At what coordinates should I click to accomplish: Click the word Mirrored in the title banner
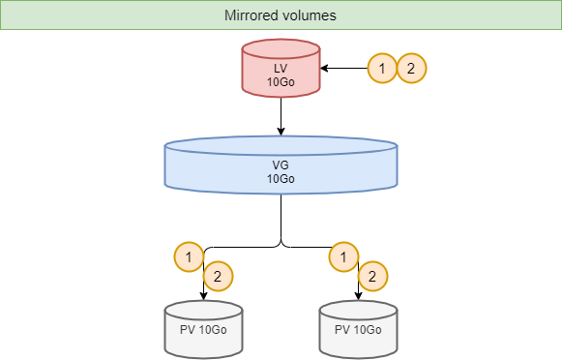tap(253, 16)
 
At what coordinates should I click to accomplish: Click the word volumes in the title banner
tap(311, 16)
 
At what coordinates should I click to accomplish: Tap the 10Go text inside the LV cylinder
tap(281, 83)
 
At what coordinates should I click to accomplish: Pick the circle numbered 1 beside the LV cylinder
tap(383, 69)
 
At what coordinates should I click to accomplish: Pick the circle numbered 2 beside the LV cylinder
tap(411, 69)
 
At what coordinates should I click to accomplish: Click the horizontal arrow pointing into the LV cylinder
tap(343, 69)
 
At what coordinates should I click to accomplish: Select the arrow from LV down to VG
tap(281, 116)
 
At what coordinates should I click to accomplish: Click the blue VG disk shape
tap(281, 165)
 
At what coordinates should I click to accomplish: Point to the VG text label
tap(281, 165)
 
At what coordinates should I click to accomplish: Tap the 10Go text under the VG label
tap(281, 179)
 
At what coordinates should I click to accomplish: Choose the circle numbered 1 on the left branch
tap(189, 256)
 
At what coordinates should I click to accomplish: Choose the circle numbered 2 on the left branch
tap(218, 277)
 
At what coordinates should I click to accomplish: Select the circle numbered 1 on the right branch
tap(343, 256)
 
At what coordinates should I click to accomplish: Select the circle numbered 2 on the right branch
tap(372, 277)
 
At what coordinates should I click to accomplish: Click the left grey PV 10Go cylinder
tap(203, 329)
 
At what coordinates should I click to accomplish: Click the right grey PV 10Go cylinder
tap(358, 329)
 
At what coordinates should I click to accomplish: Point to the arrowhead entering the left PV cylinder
tap(203, 295)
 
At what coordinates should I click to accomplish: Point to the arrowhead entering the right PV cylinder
tap(358, 295)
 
